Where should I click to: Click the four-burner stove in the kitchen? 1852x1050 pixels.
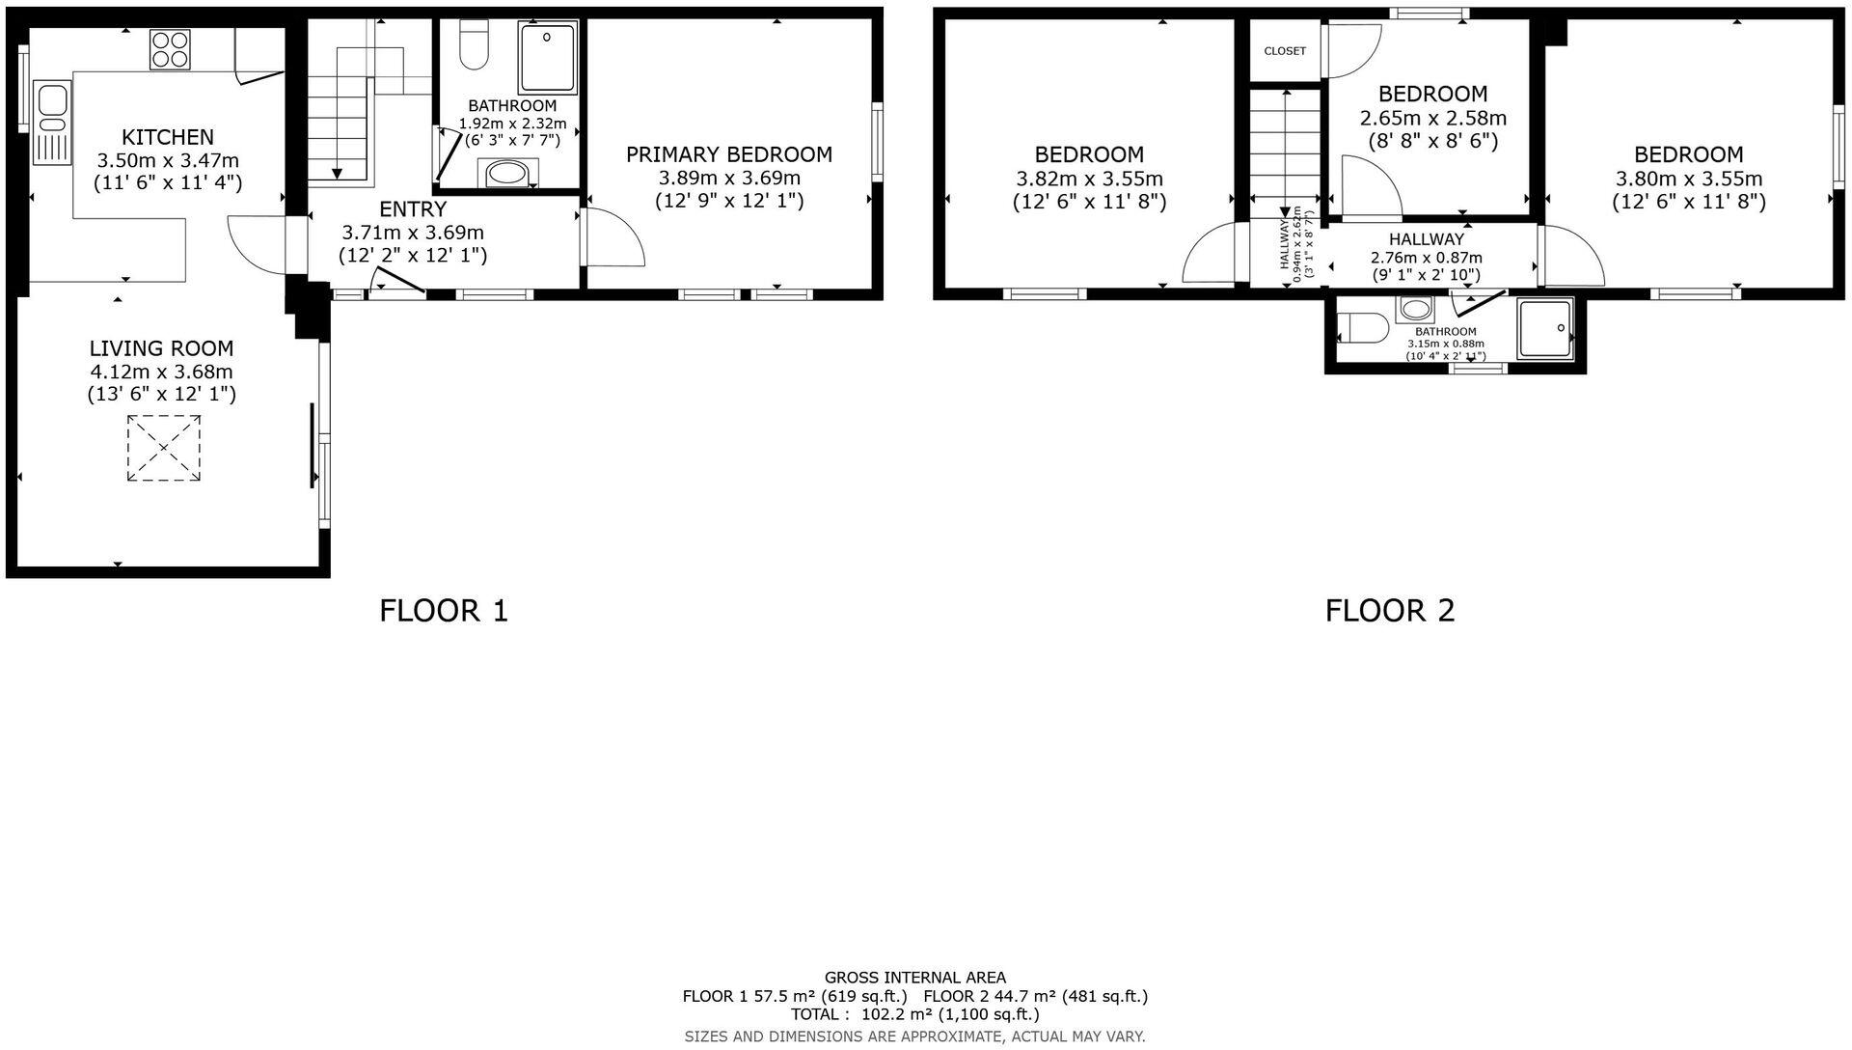click(170, 49)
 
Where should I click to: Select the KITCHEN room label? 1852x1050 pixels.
click(168, 137)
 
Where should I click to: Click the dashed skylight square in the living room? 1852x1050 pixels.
click(164, 448)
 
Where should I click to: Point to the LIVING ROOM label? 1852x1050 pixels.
click(161, 348)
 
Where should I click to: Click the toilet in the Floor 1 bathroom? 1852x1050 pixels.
click(473, 46)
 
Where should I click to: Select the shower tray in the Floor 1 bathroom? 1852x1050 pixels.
click(547, 57)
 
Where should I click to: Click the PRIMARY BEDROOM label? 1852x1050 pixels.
click(728, 154)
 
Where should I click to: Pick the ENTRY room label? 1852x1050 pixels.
click(413, 209)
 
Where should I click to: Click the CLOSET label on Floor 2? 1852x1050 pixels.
click(1285, 51)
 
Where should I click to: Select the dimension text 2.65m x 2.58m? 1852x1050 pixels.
click(1432, 119)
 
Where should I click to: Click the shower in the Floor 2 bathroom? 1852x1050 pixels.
click(1544, 329)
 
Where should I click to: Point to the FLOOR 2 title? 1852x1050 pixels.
click(1389, 610)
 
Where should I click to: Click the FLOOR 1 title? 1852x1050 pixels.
click(444, 610)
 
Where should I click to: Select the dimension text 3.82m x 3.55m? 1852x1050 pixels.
click(1089, 179)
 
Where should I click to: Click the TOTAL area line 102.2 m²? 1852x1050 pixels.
click(914, 1014)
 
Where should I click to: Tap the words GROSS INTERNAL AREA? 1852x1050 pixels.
click(914, 978)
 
